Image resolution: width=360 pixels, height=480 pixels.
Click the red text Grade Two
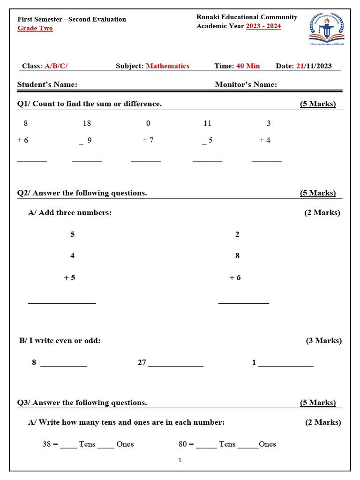pyautogui.click(x=35, y=28)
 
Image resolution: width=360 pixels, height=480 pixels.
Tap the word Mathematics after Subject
pyautogui.click(x=167, y=66)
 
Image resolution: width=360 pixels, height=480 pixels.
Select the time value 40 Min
pyautogui.click(x=248, y=66)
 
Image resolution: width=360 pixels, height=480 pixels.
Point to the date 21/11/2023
pyautogui.click(x=314, y=66)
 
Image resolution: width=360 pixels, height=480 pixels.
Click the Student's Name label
pyautogui.click(x=47, y=84)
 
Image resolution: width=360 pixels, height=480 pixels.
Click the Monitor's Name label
pyautogui.click(x=246, y=84)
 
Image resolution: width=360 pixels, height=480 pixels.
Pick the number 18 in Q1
pyautogui.click(x=87, y=123)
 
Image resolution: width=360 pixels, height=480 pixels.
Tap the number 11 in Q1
pyautogui.click(x=207, y=123)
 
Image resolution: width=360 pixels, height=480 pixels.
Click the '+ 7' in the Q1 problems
pyautogui.click(x=148, y=140)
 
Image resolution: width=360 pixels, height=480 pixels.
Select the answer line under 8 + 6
pyautogui.click(x=32, y=161)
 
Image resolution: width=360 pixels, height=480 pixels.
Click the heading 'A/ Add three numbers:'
pyautogui.click(x=70, y=213)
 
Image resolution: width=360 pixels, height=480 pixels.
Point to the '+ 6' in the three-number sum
pyautogui.click(x=235, y=277)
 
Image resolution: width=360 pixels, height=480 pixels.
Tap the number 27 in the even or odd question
pyautogui.click(x=142, y=362)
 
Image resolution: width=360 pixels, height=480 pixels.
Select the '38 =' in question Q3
pyautogui.click(x=50, y=444)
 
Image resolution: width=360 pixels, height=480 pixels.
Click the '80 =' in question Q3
pyautogui.click(x=186, y=444)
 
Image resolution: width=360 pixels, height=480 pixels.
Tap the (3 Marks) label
pyautogui.click(x=323, y=341)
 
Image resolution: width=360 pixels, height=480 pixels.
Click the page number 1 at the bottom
pyautogui.click(x=180, y=460)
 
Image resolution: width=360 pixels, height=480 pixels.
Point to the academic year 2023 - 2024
pyautogui.click(x=263, y=26)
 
